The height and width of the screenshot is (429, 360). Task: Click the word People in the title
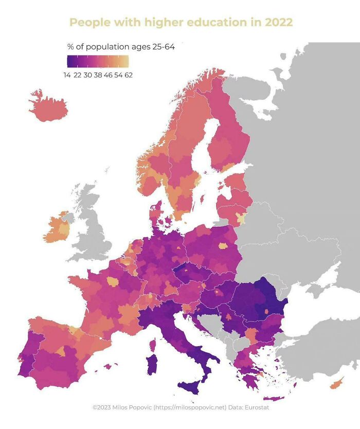[87, 23]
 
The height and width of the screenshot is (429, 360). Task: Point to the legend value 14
[67, 75]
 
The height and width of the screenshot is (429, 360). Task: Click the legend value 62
[129, 75]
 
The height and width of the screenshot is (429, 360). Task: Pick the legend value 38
[98, 75]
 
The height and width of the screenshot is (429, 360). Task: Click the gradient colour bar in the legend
[98, 62]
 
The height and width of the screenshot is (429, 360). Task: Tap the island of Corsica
[153, 343]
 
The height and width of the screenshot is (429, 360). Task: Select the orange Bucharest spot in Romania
[266, 311]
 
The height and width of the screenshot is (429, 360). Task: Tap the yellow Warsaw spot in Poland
[223, 246]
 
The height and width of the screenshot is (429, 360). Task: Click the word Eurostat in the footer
[256, 408]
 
